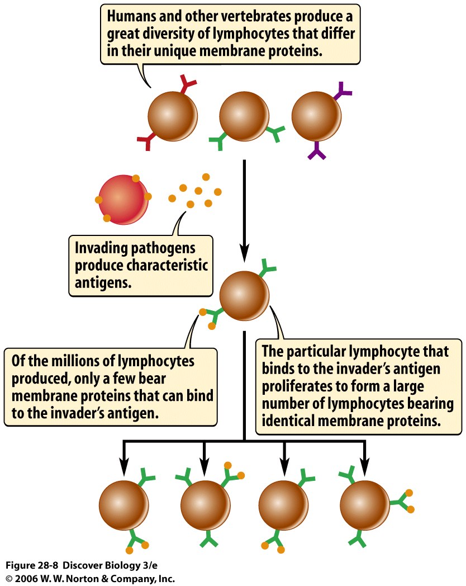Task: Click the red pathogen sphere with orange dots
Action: coord(123,199)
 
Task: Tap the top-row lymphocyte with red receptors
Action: coord(173,117)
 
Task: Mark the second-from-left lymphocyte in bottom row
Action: coord(205,505)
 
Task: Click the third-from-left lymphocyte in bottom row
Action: coord(284,505)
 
